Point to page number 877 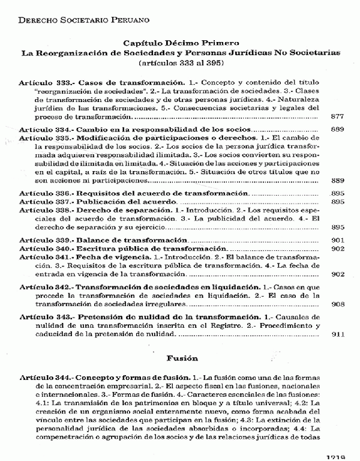tap(337, 115)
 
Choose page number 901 tap(337, 239)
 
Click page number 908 tap(337, 303)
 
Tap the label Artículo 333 tap(46, 81)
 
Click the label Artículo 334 tap(46, 129)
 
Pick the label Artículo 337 tap(46, 202)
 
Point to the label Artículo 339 tap(46, 239)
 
